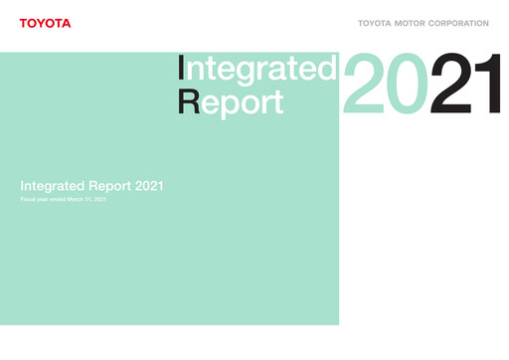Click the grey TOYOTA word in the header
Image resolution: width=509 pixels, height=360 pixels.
coord(375,23)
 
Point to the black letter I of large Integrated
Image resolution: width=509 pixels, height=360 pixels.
coord(181,70)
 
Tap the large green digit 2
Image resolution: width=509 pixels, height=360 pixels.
coord(363,87)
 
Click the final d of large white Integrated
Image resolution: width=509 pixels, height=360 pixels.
coord(326,70)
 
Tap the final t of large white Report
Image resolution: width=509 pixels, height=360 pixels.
coord(278,102)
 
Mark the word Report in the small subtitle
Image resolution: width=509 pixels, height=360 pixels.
coord(107,186)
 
